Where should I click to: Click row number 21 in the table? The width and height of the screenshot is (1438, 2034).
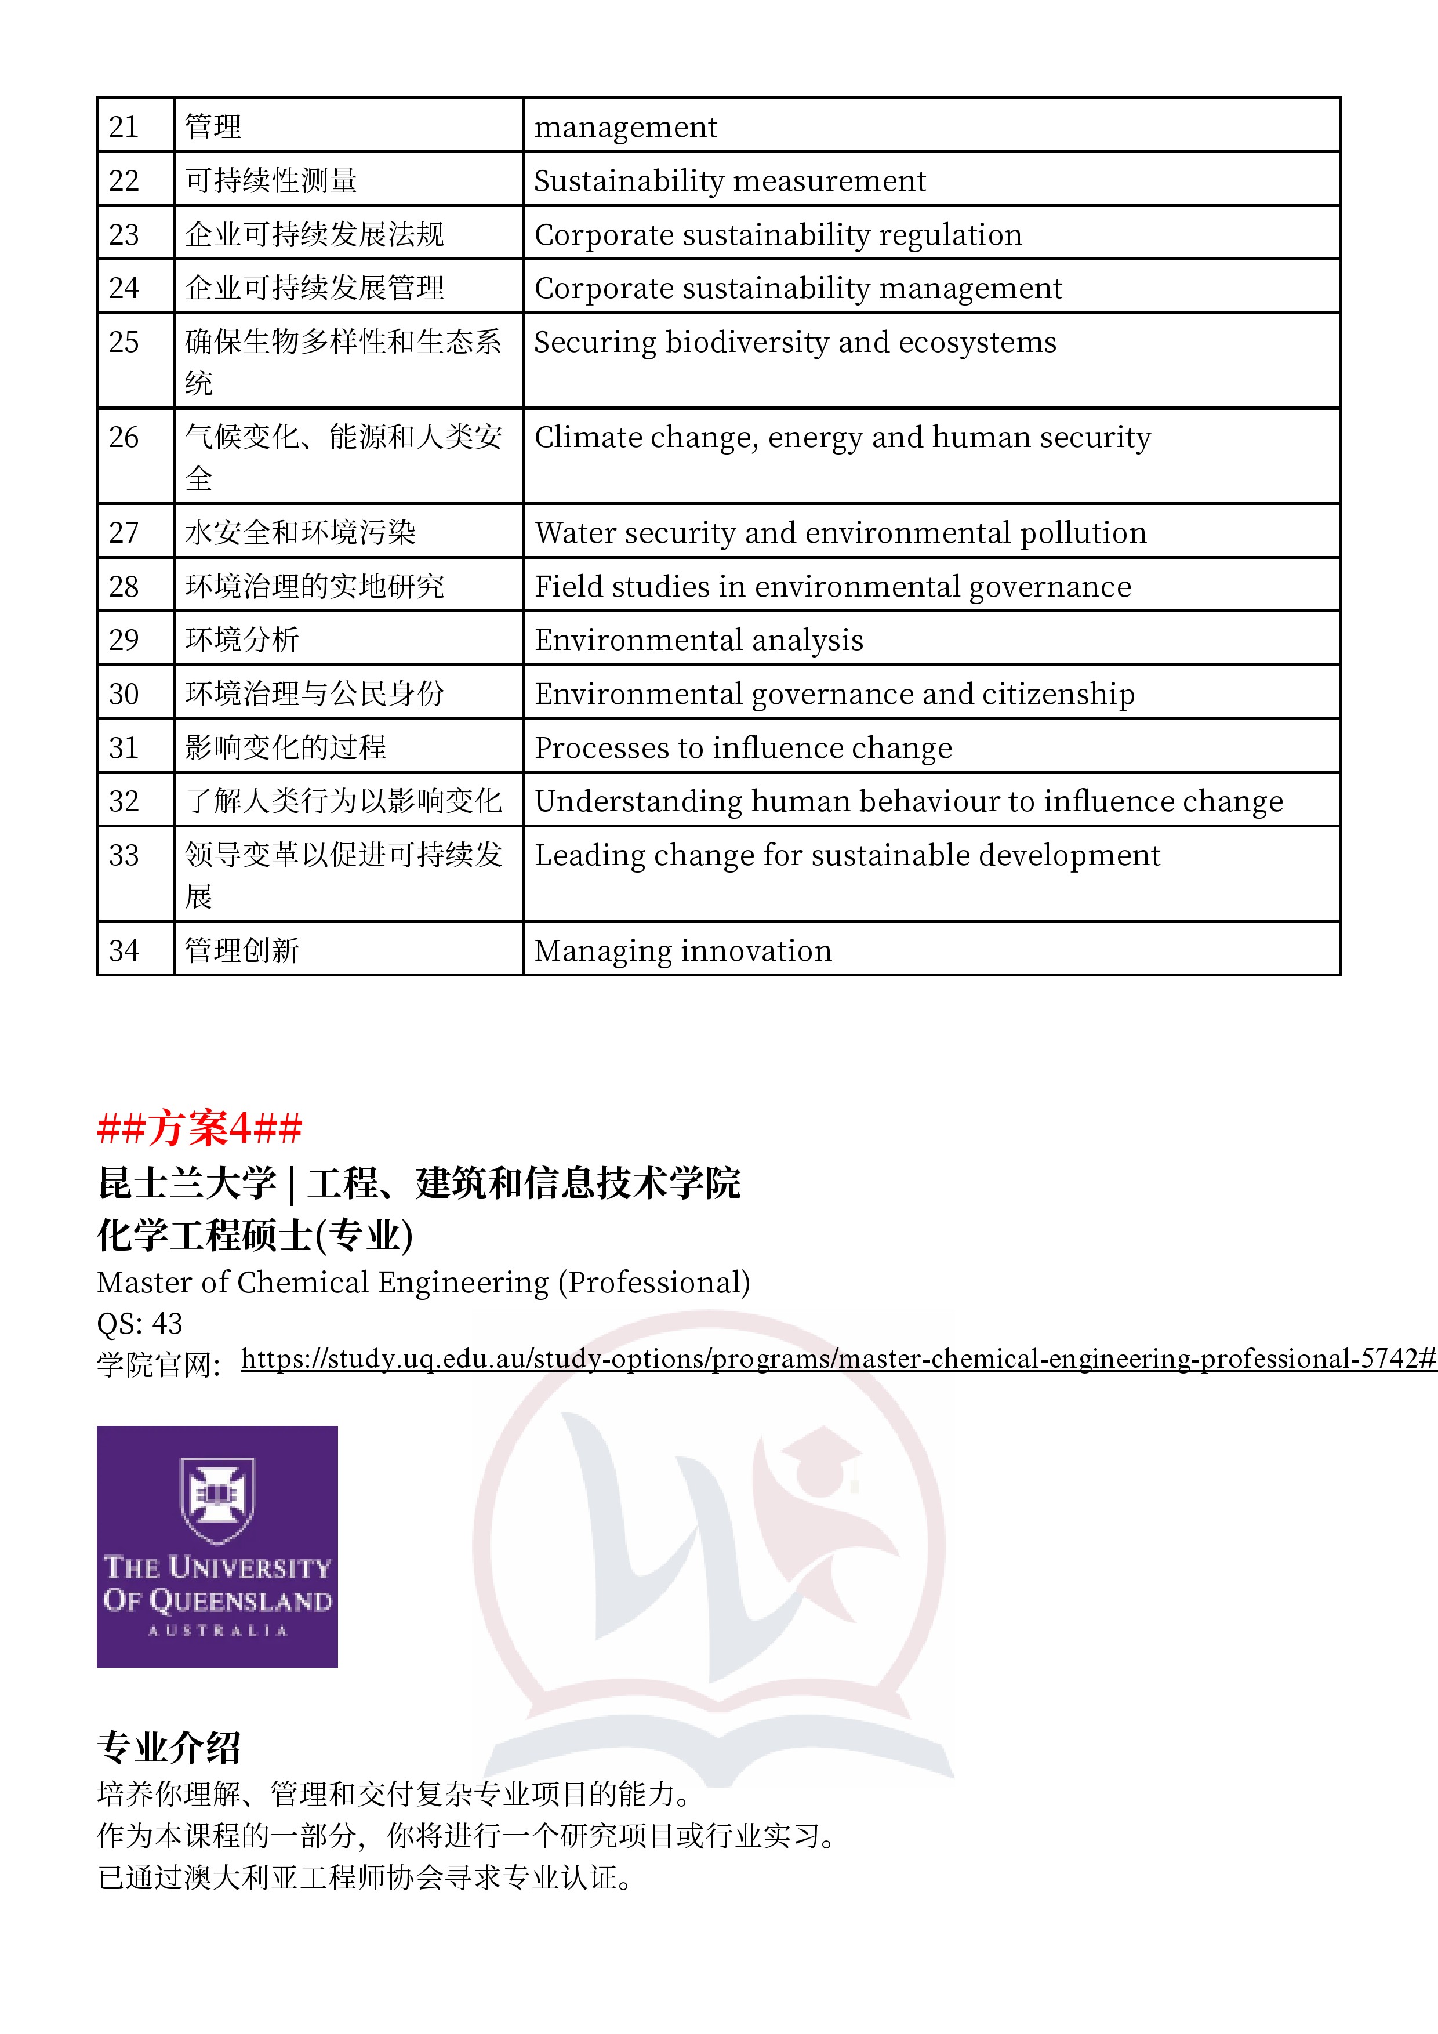pyautogui.click(x=124, y=126)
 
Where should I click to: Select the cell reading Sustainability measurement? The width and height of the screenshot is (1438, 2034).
pyautogui.click(x=729, y=181)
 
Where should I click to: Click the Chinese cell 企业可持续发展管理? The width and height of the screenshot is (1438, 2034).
pyautogui.click(x=314, y=288)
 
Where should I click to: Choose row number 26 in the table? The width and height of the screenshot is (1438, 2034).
pyautogui.click(x=124, y=438)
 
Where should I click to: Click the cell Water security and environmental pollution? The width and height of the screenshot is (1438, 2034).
pyautogui.click(x=840, y=532)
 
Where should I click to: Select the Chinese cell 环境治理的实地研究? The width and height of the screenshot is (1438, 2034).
pyautogui.click(x=314, y=586)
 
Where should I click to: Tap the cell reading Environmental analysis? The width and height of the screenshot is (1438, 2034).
pyautogui.click(x=698, y=640)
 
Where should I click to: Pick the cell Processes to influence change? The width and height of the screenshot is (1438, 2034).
pyautogui.click(x=742, y=748)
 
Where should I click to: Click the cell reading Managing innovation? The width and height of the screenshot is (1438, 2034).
pyautogui.click(x=682, y=950)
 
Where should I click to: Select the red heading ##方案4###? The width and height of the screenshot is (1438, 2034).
pyautogui.click(x=199, y=1128)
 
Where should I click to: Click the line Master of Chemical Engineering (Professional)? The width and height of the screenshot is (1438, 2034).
pyautogui.click(x=423, y=1282)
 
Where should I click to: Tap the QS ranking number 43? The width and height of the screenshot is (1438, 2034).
pyautogui.click(x=166, y=1324)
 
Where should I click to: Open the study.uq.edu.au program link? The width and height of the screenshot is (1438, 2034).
pyautogui.click(x=837, y=1359)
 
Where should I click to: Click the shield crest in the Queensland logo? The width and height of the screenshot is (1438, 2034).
pyautogui.click(x=217, y=1497)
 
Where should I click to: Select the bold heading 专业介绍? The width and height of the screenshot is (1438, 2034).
pyautogui.click(x=168, y=1748)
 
